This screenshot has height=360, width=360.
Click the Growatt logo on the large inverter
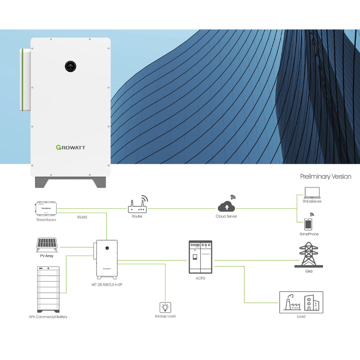71,147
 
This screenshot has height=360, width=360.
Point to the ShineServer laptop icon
312,193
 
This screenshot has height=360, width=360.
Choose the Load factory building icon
301,302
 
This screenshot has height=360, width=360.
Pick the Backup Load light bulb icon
165,307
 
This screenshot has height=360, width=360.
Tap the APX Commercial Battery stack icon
48,290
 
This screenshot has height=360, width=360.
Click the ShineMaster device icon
46,208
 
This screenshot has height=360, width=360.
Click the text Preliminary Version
325,176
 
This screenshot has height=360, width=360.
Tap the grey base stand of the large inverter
71,182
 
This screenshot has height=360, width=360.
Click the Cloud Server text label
226,216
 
